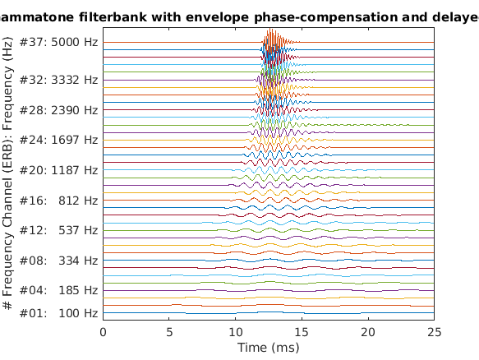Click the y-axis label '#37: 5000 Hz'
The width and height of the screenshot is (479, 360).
click(x=58, y=42)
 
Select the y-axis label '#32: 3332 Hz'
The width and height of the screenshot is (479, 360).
click(x=58, y=80)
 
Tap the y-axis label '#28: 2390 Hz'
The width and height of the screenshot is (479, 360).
click(x=58, y=110)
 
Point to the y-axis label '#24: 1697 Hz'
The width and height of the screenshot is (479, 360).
click(x=58, y=140)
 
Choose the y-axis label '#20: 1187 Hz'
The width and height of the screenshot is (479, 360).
click(x=58, y=170)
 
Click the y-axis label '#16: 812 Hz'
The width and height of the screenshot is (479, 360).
click(x=58, y=200)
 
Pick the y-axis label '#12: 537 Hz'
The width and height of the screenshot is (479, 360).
click(x=58, y=230)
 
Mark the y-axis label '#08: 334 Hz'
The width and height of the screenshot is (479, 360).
click(x=58, y=261)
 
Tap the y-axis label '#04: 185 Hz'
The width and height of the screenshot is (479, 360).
click(x=58, y=290)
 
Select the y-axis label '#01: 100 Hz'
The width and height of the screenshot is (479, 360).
click(x=58, y=313)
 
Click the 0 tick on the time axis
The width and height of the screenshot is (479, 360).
click(x=103, y=332)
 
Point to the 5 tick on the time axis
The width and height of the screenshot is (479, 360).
click(x=169, y=332)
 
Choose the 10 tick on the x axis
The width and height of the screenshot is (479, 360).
click(x=236, y=332)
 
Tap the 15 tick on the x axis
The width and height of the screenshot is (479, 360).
click(x=302, y=332)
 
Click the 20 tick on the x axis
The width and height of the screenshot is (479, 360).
click(x=369, y=332)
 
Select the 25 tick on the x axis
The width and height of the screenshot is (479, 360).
click(x=435, y=332)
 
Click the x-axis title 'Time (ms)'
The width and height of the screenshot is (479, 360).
click(x=269, y=348)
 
